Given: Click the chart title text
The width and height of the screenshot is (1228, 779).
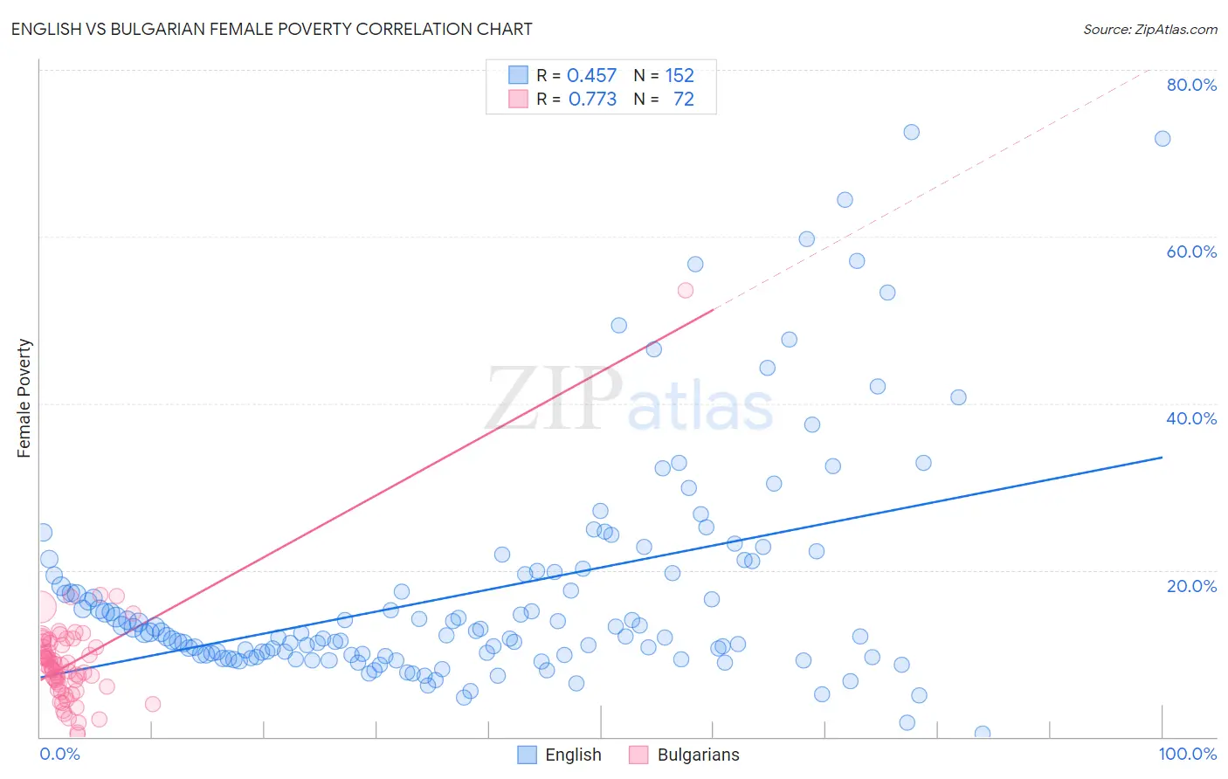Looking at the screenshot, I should pos(272,29).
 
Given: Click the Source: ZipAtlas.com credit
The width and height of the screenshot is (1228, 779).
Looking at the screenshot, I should pos(1149,29).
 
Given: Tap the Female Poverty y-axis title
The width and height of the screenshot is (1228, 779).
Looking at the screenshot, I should pos(24,398).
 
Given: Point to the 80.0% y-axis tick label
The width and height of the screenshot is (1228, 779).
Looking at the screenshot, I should pos(1191,85).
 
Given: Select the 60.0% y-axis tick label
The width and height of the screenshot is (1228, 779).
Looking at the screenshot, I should pos(1191,252).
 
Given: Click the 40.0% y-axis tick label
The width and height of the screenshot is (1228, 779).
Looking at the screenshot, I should pos(1191,418).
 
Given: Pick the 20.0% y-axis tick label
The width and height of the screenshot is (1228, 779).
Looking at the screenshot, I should pos(1191,586).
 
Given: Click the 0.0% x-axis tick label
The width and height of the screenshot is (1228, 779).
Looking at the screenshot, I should pos(59,754).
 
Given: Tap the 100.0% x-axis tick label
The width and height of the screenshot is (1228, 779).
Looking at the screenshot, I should pos(1187,754).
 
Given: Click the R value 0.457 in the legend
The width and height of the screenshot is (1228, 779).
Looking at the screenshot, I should pos(591,76).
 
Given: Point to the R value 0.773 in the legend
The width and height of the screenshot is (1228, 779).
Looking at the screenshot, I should pos(592,100).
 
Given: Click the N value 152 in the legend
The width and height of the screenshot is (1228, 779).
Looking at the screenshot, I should pos(679,76).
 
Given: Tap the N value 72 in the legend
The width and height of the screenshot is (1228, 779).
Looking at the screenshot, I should pos(683,100).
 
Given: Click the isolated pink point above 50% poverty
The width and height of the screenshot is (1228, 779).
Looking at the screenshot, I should pos(686,290).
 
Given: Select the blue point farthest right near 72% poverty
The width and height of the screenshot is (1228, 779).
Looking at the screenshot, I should pos(1162,139).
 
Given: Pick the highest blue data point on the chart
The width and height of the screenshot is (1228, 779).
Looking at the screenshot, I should pos(911,132).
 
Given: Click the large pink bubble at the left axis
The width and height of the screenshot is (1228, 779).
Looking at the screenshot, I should pos(40,607).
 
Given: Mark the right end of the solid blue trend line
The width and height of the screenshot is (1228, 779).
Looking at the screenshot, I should pos(1162,457).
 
